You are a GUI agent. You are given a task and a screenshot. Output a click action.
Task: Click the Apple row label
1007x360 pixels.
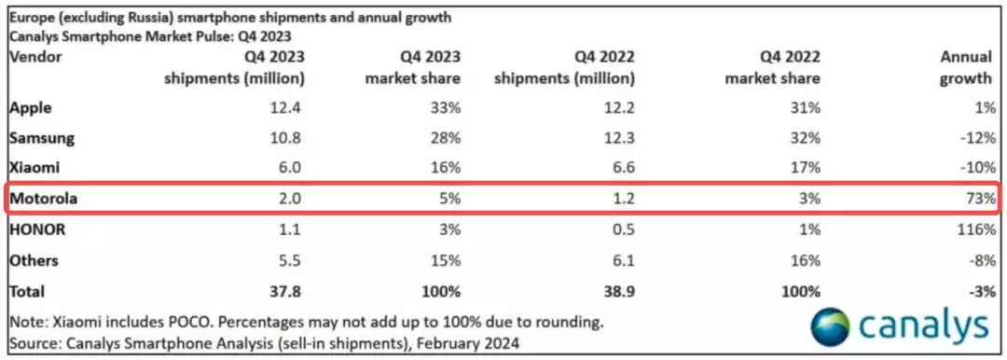click(x=30, y=107)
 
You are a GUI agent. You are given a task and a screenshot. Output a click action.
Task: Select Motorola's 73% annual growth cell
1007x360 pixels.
click(x=980, y=199)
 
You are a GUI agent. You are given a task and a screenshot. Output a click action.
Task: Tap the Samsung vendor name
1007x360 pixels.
click(x=42, y=138)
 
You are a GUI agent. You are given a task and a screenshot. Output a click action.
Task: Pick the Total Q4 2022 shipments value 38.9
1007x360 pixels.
click(x=620, y=291)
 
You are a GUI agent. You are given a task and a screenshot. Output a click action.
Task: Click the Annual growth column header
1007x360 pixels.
click(x=965, y=67)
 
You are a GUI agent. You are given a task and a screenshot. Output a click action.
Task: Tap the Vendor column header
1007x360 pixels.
click(x=35, y=57)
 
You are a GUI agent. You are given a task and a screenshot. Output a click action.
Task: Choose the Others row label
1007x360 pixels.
click(x=34, y=260)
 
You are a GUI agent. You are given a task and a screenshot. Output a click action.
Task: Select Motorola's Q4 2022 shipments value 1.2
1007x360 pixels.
click(x=624, y=199)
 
